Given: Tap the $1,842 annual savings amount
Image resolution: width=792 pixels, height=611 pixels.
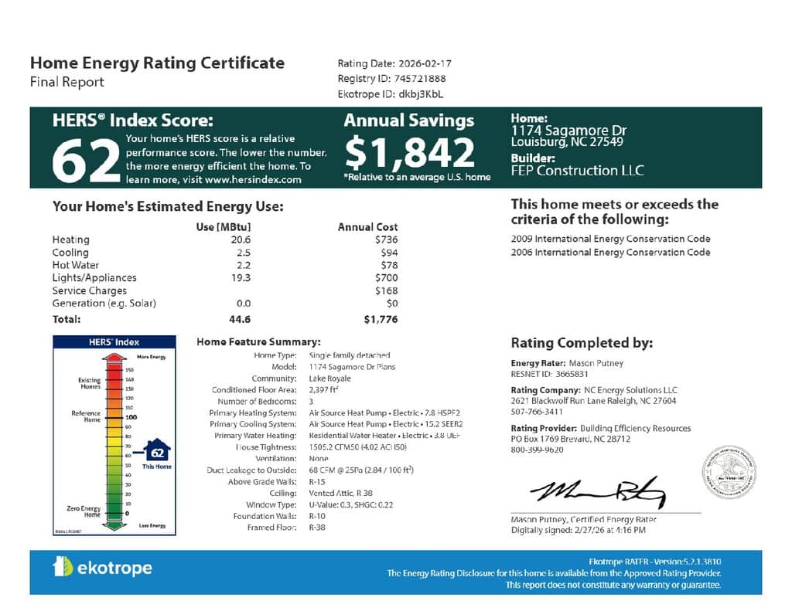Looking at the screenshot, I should pyautogui.click(x=409, y=152).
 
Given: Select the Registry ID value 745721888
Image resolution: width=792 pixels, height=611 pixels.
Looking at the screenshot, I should pyautogui.click(x=421, y=79).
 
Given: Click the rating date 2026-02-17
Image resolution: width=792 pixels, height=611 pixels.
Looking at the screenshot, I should pyautogui.click(x=422, y=63).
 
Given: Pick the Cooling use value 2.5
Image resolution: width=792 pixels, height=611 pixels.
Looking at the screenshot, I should pyautogui.click(x=244, y=253).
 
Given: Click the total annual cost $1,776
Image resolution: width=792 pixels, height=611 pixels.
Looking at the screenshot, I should pyautogui.click(x=381, y=318).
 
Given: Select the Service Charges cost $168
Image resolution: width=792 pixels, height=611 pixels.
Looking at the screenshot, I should pyautogui.click(x=384, y=290).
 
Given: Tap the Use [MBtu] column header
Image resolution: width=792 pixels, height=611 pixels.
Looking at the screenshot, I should pyautogui.click(x=224, y=227).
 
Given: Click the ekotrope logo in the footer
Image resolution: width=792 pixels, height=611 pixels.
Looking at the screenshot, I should pyautogui.click(x=102, y=569).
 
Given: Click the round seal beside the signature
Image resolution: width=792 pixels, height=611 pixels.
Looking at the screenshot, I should pyautogui.click(x=729, y=472).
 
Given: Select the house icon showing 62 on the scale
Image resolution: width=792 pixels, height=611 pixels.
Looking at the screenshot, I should pyautogui.click(x=157, y=451).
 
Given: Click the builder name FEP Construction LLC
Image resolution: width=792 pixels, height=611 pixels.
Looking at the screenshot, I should pyautogui.click(x=577, y=170).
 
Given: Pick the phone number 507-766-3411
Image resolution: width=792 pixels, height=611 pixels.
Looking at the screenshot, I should pyautogui.click(x=537, y=412).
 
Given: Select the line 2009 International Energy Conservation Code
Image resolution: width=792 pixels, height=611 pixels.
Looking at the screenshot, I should pyautogui.click(x=610, y=239).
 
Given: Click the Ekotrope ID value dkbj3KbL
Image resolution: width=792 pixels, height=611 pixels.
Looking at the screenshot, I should pyautogui.click(x=421, y=94).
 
